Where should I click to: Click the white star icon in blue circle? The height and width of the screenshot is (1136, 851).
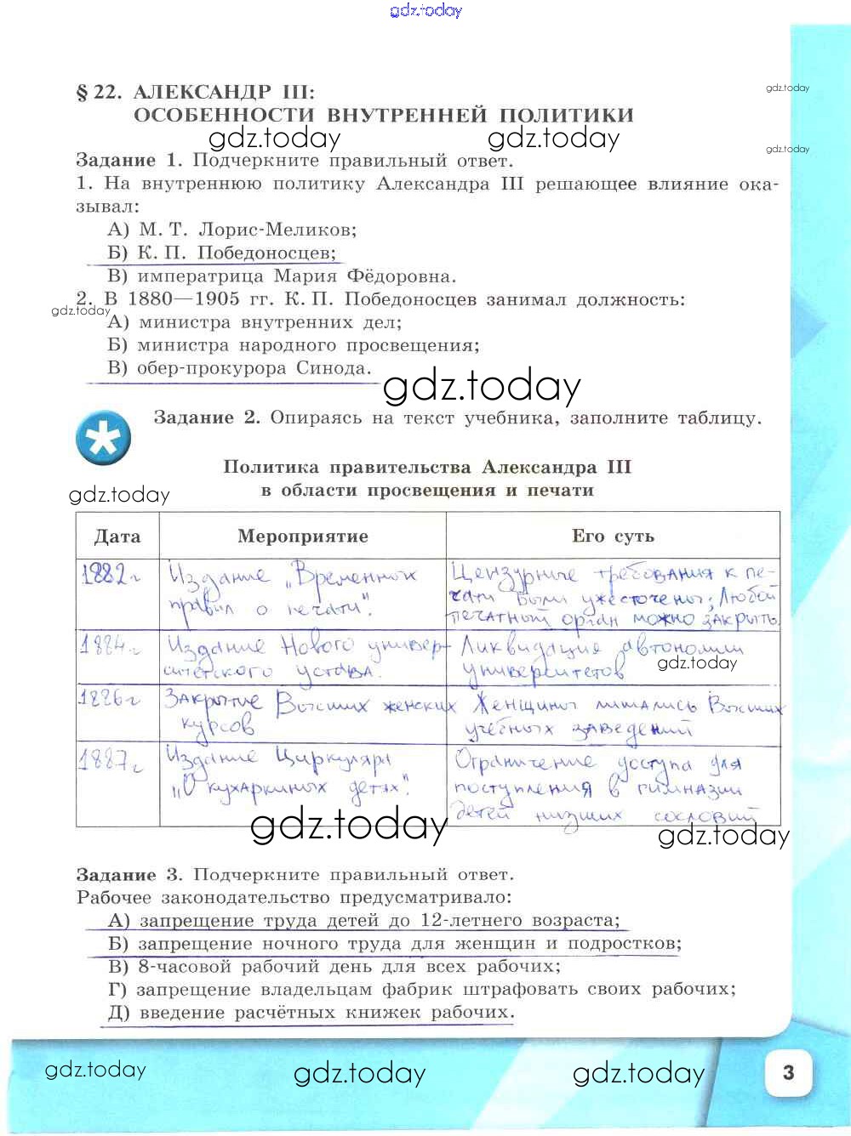click(103, 439)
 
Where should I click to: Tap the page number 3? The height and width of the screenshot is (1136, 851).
click(788, 1071)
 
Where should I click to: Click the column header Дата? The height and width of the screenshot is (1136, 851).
click(117, 537)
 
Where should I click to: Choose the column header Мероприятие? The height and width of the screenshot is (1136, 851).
click(302, 537)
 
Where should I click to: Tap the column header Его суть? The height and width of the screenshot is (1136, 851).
click(613, 537)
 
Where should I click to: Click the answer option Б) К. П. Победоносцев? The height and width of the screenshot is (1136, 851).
click(221, 253)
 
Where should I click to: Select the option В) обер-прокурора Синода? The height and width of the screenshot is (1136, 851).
click(239, 368)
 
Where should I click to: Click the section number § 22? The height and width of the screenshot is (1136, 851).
click(100, 92)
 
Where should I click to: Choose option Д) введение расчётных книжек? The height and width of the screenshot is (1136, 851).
click(311, 1013)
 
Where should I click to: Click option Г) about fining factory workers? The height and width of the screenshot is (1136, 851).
click(421, 990)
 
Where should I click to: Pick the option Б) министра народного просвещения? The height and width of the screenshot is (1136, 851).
click(294, 345)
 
